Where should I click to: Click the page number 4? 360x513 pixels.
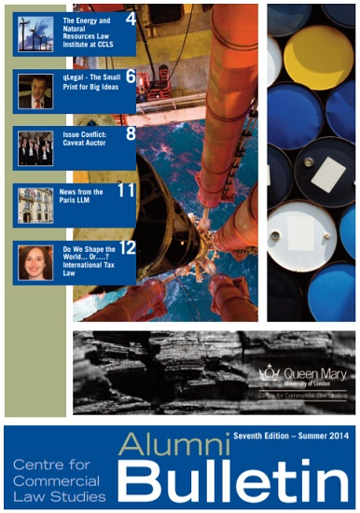pyautogui.click(x=131, y=18)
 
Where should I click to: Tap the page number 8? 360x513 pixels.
pyautogui.click(x=131, y=133)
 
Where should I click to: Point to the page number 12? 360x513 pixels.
pyautogui.click(x=127, y=248)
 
